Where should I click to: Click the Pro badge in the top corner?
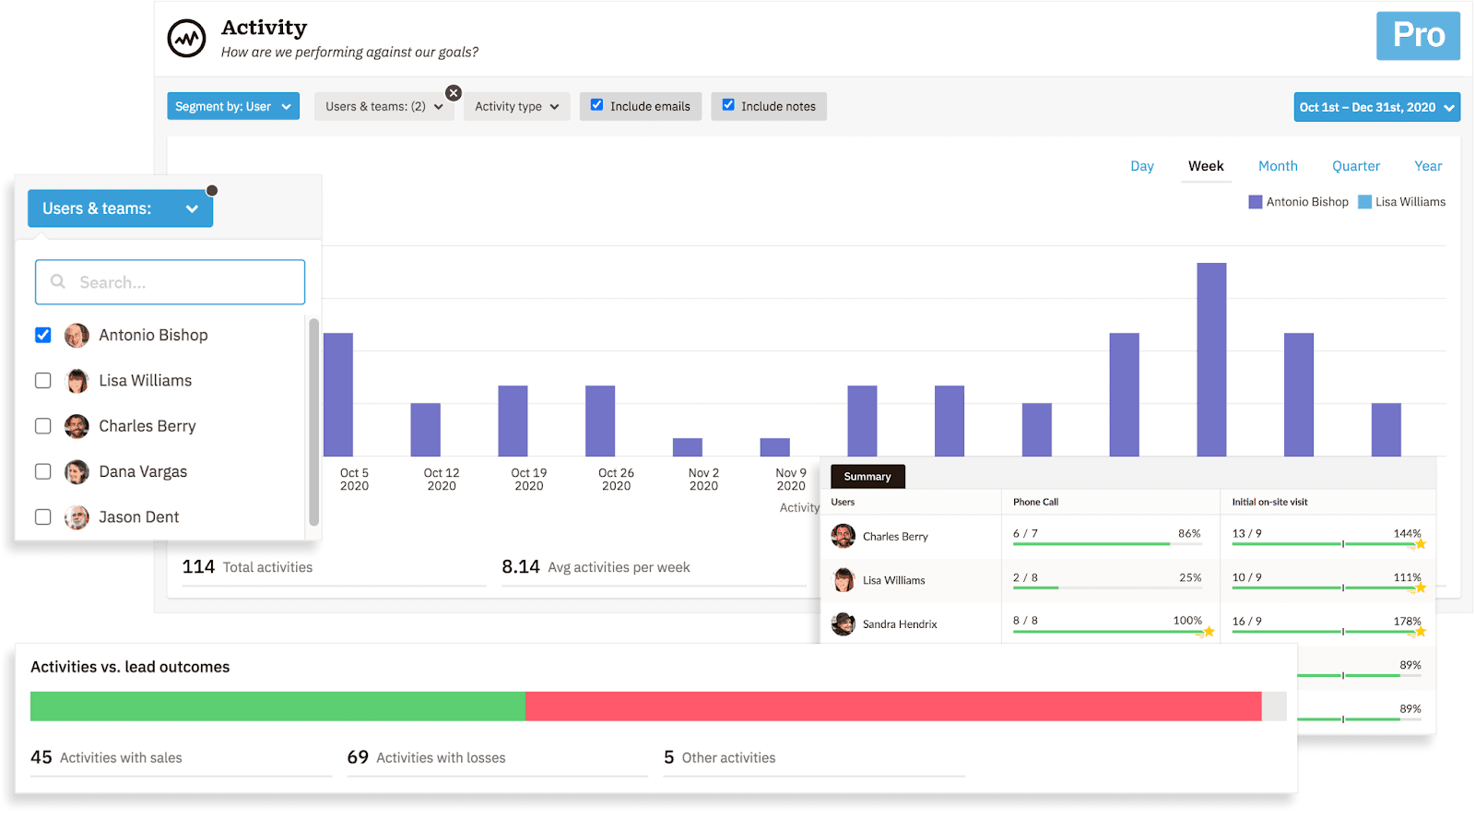pyautogui.click(x=1417, y=36)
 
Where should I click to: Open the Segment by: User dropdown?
pyautogui.click(x=232, y=106)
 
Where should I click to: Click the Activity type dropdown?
pyautogui.click(x=516, y=106)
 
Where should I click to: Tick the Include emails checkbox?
pyautogui.click(x=597, y=105)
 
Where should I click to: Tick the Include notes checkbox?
pyautogui.click(x=728, y=105)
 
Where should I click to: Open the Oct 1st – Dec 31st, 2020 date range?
pyautogui.click(x=1375, y=107)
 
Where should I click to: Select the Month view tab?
pyautogui.click(x=1277, y=166)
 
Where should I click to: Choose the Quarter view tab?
pyautogui.click(x=1355, y=166)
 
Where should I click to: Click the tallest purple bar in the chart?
pyautogui.click(x=1210, y=360)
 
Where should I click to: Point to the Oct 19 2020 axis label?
pyautogui.click(x=528, y=479)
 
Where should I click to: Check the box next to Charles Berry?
pyautogui.click(x=43, y=426)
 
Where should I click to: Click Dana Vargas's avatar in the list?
pyautogui.click(x=77, y=471)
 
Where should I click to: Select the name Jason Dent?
pyautogui.click(x=138, y=517)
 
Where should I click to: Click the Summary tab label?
pyautogui.click(x=867, y=477)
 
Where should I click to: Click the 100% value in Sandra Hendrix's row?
pyautogui.click(x=1186, y=621)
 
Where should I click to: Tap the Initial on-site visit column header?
pyautogui.click(x=1269, y=502)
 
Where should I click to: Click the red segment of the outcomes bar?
pyautogui.click(x=892, y=706)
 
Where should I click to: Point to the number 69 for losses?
pyautogui.click(x=358, y=757)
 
